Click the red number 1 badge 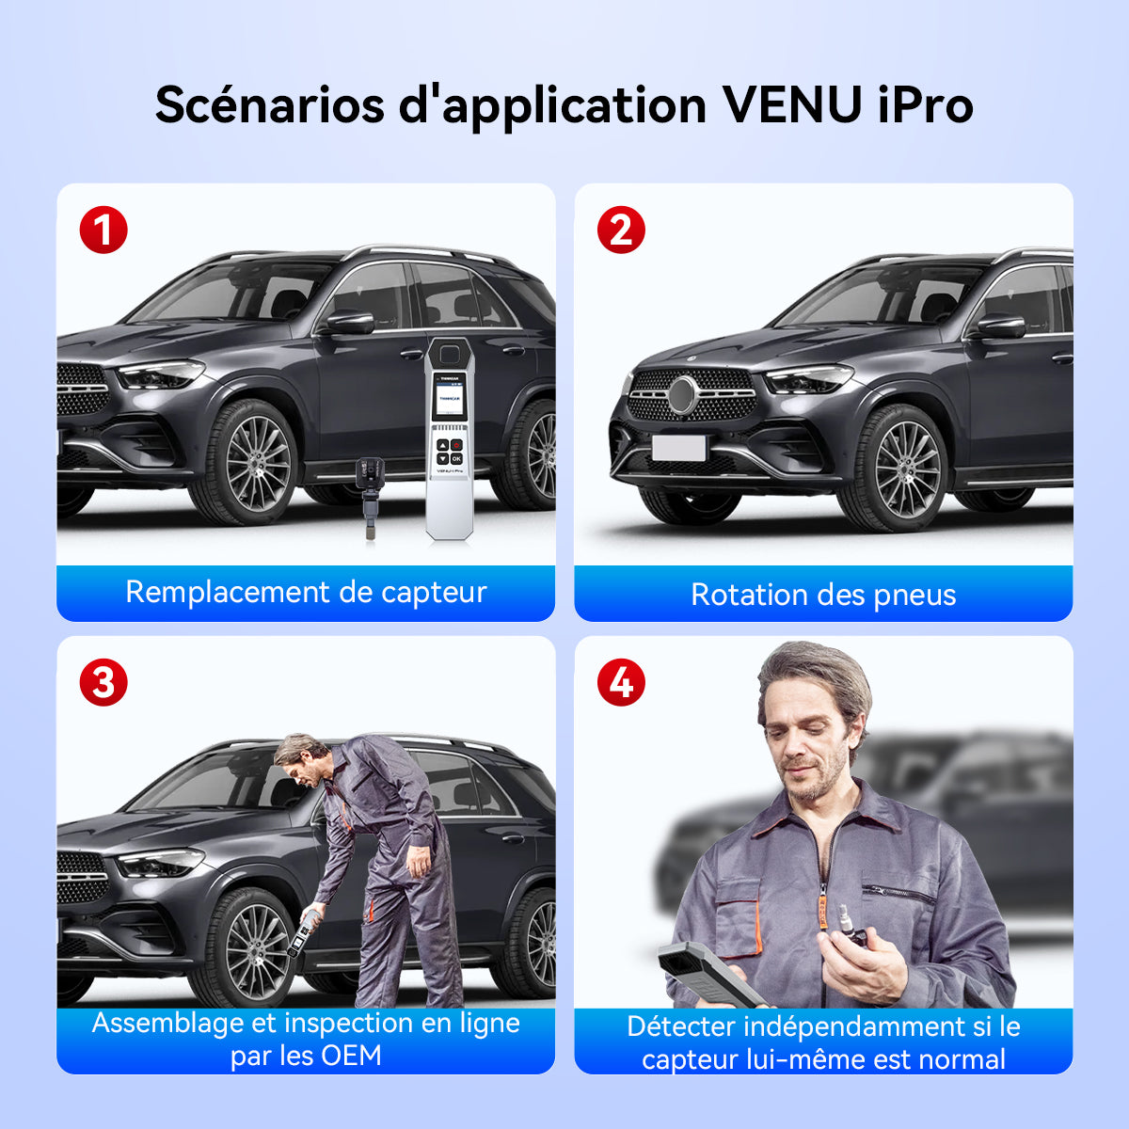click(x=103, y=230)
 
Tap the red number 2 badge click(x=621, y=230)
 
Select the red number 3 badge click(x=103, y=682)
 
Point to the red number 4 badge click(x=621, y=682)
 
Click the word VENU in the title click(x=793, y=105)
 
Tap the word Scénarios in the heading click(x=269, y=105)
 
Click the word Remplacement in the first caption click(x=229, y=593)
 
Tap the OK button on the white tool click(x=456, y=459)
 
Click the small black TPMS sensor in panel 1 click(x=369, y=495)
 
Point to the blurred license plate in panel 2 click(x=678, y=448)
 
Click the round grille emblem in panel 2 click(x=682, y=395)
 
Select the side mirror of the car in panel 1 click(x=350, y=323)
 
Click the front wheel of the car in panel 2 click(x=896, y=469)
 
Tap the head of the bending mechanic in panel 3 click(x=300, y=758)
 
